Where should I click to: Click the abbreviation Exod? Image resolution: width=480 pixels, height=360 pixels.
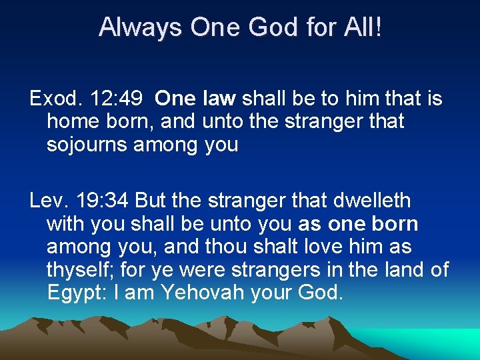(52, 100)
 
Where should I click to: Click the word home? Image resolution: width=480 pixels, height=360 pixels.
(72, 122)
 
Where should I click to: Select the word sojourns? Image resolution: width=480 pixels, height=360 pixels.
(87, 145)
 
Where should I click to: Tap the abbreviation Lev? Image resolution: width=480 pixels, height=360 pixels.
(47, 200)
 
